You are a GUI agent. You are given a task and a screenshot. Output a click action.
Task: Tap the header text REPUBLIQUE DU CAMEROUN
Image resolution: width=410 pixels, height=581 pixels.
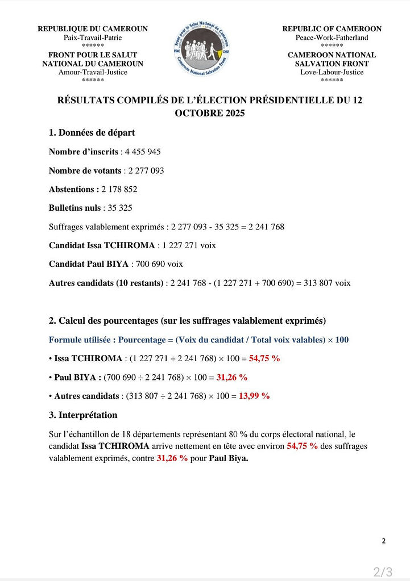[93, 29]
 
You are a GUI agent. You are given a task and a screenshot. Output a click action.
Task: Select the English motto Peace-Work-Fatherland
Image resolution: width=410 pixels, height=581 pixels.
[332, 37]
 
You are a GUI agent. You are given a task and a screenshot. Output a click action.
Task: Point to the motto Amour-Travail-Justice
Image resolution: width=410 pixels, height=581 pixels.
[93, 72]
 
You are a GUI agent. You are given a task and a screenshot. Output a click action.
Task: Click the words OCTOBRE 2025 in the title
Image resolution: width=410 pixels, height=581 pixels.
[210, 113]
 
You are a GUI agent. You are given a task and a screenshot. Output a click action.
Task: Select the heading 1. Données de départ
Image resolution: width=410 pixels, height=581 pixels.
[92, 133]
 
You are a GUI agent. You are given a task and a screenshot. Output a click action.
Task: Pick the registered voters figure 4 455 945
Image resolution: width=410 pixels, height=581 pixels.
[143, 152]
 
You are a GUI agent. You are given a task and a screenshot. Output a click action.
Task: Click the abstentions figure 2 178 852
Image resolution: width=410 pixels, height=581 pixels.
[119, 189]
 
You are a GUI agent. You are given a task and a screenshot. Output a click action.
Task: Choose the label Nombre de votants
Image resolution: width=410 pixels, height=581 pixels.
[85, 170]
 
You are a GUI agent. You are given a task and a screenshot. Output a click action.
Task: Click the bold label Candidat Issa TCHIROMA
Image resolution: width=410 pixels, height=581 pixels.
[102, 245]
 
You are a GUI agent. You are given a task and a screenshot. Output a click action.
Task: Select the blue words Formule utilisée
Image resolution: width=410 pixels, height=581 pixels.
[82, 340]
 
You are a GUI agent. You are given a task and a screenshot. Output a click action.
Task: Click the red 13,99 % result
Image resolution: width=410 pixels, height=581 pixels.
[254, 396]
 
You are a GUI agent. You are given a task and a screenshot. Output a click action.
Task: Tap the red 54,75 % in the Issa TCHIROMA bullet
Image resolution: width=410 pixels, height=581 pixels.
[264, 358]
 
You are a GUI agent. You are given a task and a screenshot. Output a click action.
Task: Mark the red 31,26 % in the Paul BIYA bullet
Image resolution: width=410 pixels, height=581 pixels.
[231, 377]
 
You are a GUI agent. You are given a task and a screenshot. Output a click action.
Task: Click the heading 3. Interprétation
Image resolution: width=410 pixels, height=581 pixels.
[83, 415]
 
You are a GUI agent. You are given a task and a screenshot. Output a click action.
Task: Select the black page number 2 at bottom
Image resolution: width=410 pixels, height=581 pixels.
[383, 541]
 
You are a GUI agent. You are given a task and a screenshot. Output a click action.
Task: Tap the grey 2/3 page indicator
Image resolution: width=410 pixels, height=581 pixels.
[383, 571]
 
